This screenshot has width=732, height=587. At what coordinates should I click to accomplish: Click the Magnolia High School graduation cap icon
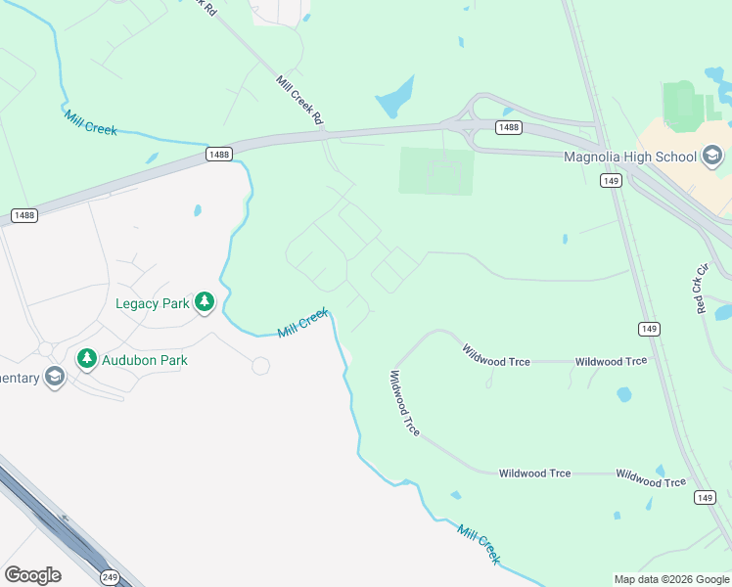point(712,156)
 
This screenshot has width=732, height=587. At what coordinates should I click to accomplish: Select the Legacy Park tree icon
point(205,303)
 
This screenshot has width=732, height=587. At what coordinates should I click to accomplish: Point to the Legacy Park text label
point(153,303)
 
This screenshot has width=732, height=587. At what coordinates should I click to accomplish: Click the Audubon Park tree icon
point(87,359)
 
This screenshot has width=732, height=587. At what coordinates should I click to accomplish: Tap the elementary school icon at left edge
point(54,378)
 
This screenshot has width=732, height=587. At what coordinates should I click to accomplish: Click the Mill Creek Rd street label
point(300,101)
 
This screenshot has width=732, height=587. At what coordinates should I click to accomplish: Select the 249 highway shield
point(110,577)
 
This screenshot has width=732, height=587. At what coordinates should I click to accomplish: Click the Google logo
point(32,575)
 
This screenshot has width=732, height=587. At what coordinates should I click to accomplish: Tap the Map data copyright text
point(670,579)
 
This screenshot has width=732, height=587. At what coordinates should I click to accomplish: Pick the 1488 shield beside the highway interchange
point(508,128)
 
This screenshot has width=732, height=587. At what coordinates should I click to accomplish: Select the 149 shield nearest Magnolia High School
point(612,181)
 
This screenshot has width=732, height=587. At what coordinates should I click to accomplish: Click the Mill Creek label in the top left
point(91,123)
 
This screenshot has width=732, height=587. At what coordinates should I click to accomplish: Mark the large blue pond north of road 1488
point(394,97)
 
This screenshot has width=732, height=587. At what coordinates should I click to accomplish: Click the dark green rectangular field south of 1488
point(436,170)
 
